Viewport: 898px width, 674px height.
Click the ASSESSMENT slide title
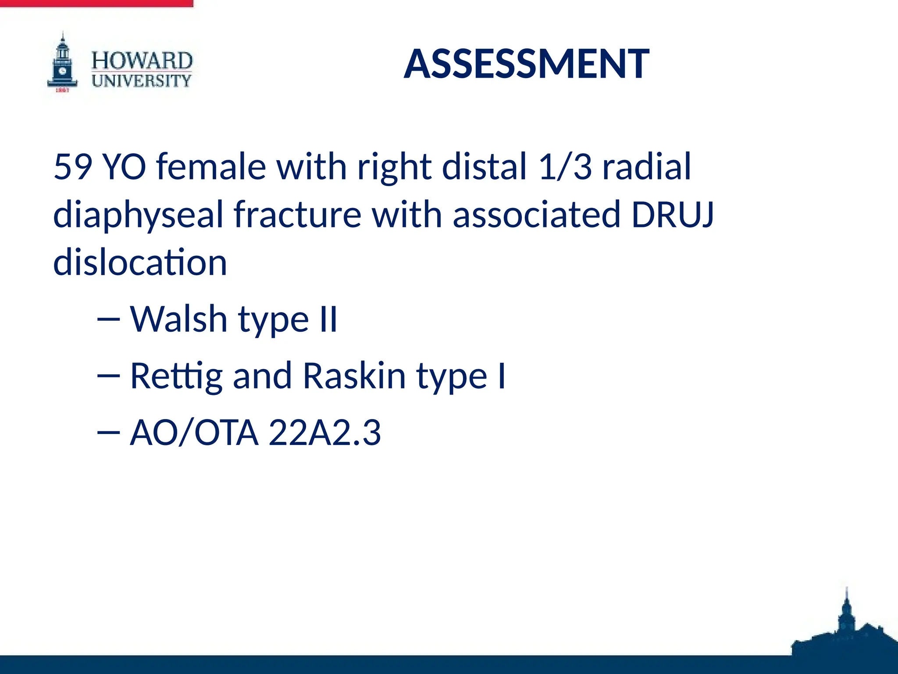tap(526, 64)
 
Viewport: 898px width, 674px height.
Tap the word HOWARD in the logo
tap(142, 61)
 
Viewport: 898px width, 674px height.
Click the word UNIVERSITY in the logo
tap(142, 81)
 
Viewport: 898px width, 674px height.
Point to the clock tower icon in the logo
tap(63, 64)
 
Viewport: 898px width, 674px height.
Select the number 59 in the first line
tap(73, 167)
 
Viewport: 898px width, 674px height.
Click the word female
tap(211, 167)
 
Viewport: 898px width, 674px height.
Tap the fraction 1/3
tap(565, 167)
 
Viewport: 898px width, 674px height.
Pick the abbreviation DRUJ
tap(673, 215)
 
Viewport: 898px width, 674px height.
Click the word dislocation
tap(140, 262)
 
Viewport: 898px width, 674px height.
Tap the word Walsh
tap(178, 319)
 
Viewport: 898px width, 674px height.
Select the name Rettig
tap(176, 376)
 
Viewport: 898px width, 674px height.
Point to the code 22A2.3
tap(324, 433)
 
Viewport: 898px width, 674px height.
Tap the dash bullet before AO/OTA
tap(108, 433)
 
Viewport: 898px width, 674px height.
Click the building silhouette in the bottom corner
tap(844, 632)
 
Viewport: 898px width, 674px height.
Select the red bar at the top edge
tap(96, 3)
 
